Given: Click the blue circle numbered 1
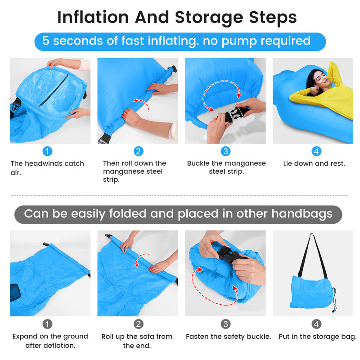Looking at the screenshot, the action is click(x=48, y=151).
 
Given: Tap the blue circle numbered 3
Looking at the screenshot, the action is click(x=225, y=151).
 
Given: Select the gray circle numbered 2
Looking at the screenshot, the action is click(x=139, y=324).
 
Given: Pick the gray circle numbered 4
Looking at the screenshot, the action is click(x=316, y=324).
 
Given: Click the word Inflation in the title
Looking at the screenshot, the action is click(x=93, y=17).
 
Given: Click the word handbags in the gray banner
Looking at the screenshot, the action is click(x=302, y=214).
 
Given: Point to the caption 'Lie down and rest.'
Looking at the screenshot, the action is click(x=314, y=163).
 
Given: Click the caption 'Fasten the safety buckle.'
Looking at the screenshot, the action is click(x=229, y=337).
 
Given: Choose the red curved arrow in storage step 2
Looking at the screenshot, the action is click(x=139, y=259).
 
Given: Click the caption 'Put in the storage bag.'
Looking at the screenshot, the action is click(x=318, y=337).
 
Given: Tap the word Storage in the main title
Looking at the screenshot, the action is click(x=209, y=18).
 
